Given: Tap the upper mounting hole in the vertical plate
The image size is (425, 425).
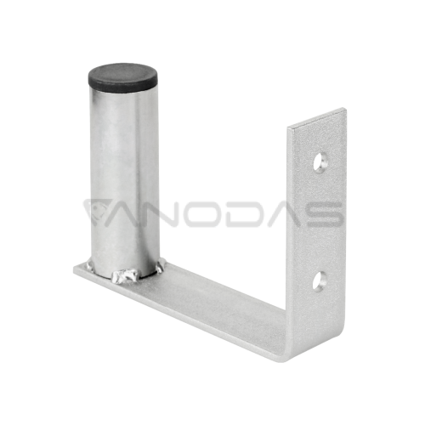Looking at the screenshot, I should click(320, 159).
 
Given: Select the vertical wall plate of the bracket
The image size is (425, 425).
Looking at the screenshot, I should click(318, 221).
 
